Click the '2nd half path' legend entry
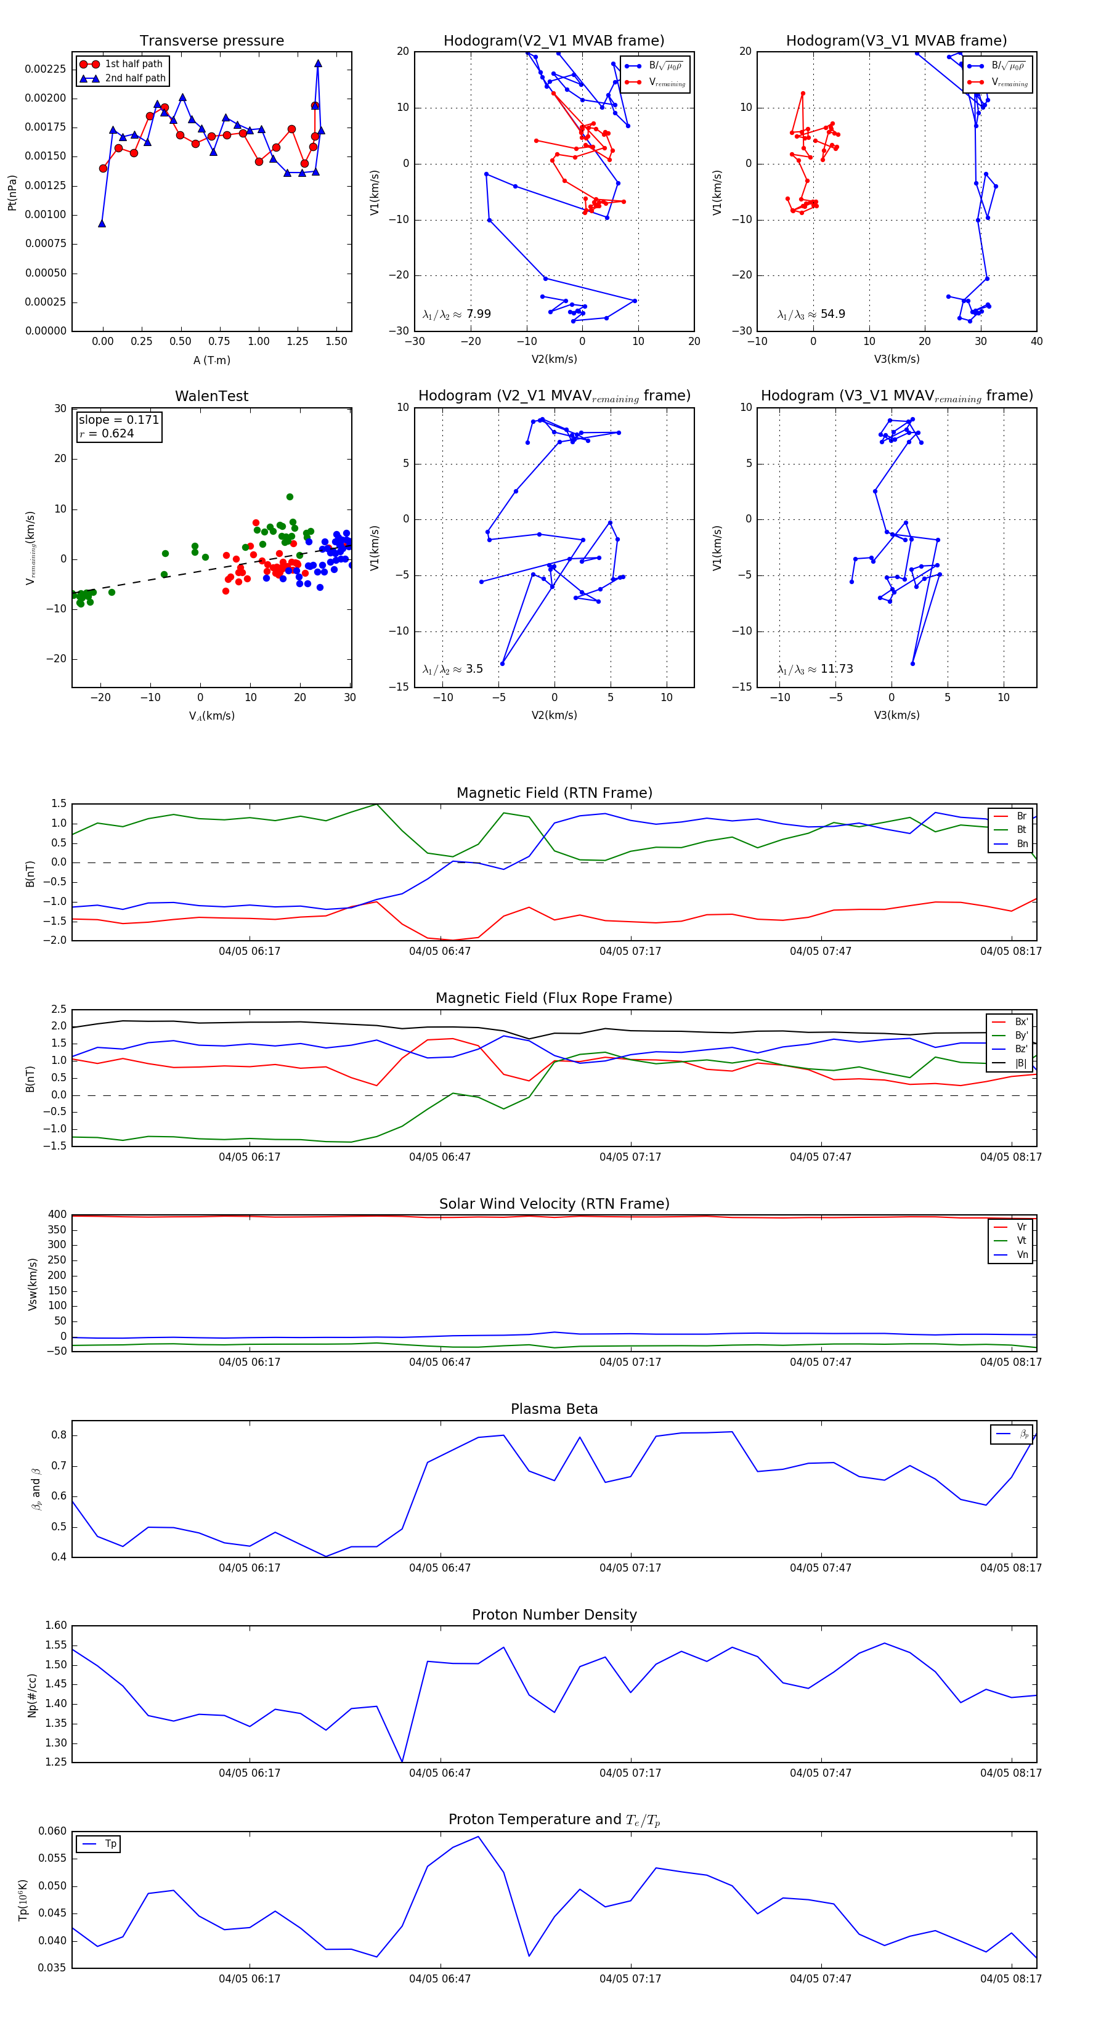pyautogui.click(x=135, y=78)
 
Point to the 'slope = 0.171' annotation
pyautogui.click(x=118, y=420)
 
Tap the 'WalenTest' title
pyautogui.click(x=211, y=396)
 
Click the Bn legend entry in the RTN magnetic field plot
pyautogui.click(x=1022, y=843)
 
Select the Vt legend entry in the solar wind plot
pyautogui.click(x=1022, y=1241)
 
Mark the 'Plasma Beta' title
pyautogui.click(x=554, y=1410)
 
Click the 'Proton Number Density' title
pyautogui.click(x=554, y=1615)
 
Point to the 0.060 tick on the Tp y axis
pyautogui.click(x=52, y=1831)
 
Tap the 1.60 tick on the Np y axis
pyautogui.click(x=55, y=1626)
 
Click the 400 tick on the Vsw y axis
pyautogui.click(x=57, y=1215)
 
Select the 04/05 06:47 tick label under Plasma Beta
pyautogui.click(x=440, y=1568)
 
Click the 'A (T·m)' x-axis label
pyautogui.click(x=211, y=360)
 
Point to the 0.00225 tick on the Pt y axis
pyautogui.click(x=45, y=70)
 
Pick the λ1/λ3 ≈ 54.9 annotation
pyautogui.click(x=811, y=314)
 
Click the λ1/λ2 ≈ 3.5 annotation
pyautogui.click(x=452, y=669)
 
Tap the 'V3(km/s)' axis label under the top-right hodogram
pyautogui.click(x=896, y=359)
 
